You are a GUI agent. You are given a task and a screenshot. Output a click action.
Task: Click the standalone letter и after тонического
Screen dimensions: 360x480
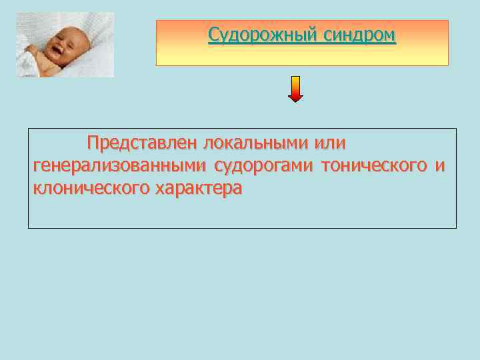[x=438, y=165]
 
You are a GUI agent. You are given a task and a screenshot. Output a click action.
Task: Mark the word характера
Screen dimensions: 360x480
[x=198, y=188]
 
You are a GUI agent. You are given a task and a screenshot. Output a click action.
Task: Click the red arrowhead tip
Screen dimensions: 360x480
[x=295, y=100]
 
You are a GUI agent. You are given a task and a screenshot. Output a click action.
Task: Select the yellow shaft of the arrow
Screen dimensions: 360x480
[x=295, y=84]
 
